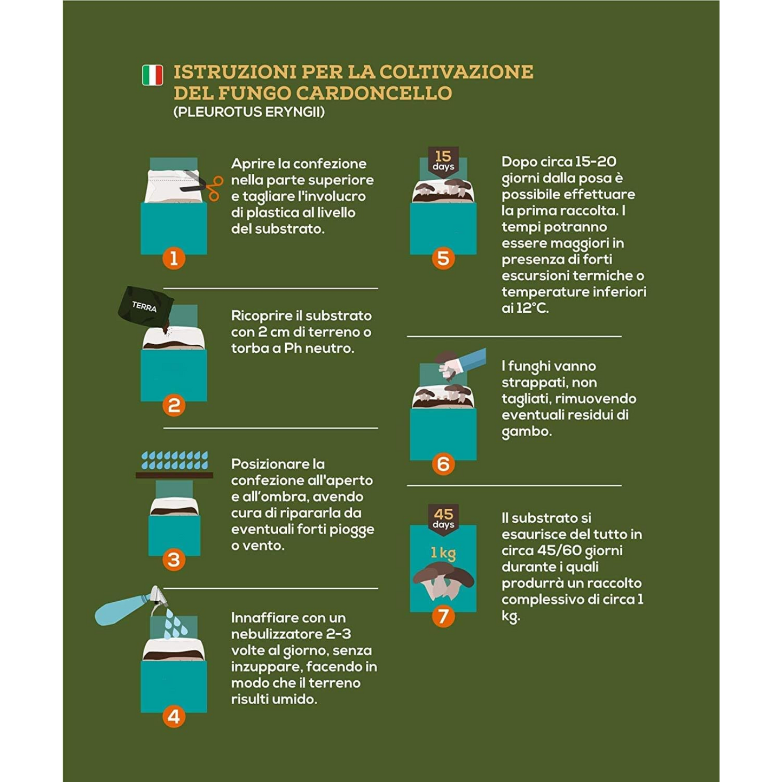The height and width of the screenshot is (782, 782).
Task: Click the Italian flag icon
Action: tap(152, 75)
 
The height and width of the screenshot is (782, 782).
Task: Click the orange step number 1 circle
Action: tap(174, 258)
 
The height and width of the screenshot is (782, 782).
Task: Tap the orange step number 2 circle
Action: tap(174, 405)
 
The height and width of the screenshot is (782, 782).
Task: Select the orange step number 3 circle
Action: tap(174, 560)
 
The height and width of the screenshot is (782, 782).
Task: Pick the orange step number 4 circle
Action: tap(174, 717)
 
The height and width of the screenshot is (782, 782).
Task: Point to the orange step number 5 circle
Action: tap(443, 258)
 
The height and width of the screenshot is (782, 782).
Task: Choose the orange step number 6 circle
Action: tap(443, 464)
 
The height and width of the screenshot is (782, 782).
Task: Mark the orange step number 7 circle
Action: tap(443, 616)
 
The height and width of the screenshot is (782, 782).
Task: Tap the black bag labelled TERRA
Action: tap(145, 307)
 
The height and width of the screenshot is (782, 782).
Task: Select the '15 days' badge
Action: tap(443, 160)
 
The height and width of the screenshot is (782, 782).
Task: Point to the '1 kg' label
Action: tap(443, 553)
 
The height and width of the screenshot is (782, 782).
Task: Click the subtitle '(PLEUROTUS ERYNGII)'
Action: tap(249, 112)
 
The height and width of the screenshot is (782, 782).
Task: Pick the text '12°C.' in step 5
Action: tap(533, 308)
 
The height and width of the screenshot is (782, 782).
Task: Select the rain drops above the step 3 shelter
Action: tap(174, 460)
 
